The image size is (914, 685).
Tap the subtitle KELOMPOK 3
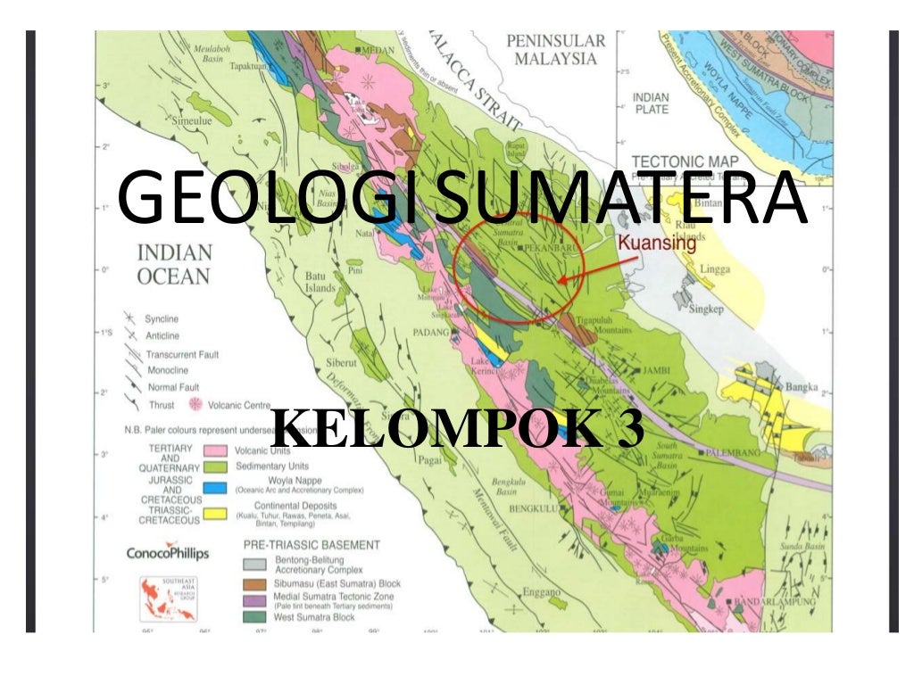coord(456,430)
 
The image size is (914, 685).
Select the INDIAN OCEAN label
coord(173,265)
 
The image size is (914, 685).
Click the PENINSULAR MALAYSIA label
coord(555,50)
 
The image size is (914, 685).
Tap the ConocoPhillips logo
coord(167,554)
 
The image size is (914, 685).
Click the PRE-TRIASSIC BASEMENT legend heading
coord(312,544)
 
